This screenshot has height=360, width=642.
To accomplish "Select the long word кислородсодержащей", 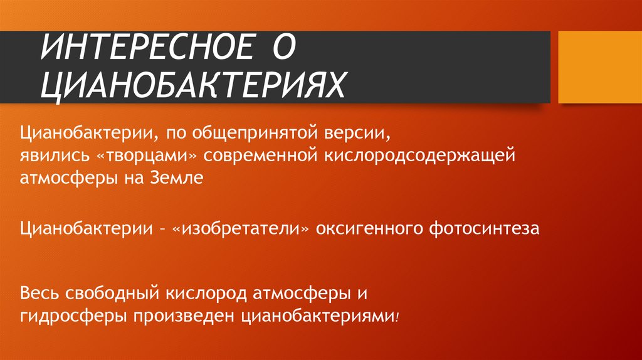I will pos(419,156).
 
